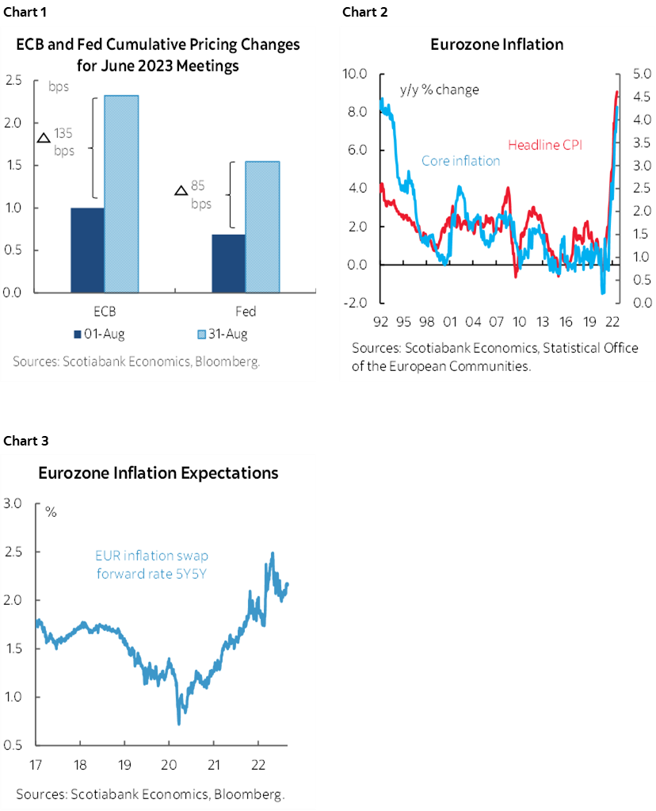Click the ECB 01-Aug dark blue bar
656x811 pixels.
point(87,250)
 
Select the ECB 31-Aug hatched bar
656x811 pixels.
point(121,194)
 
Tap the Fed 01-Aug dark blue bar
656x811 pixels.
point(228,263)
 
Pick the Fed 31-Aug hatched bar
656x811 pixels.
point(262,227)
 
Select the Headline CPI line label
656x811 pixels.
point(544,145)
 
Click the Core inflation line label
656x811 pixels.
point(460,161)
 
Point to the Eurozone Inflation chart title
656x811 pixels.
point(497,44)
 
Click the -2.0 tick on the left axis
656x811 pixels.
point(354,303)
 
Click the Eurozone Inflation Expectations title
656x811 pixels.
point(158,473)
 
